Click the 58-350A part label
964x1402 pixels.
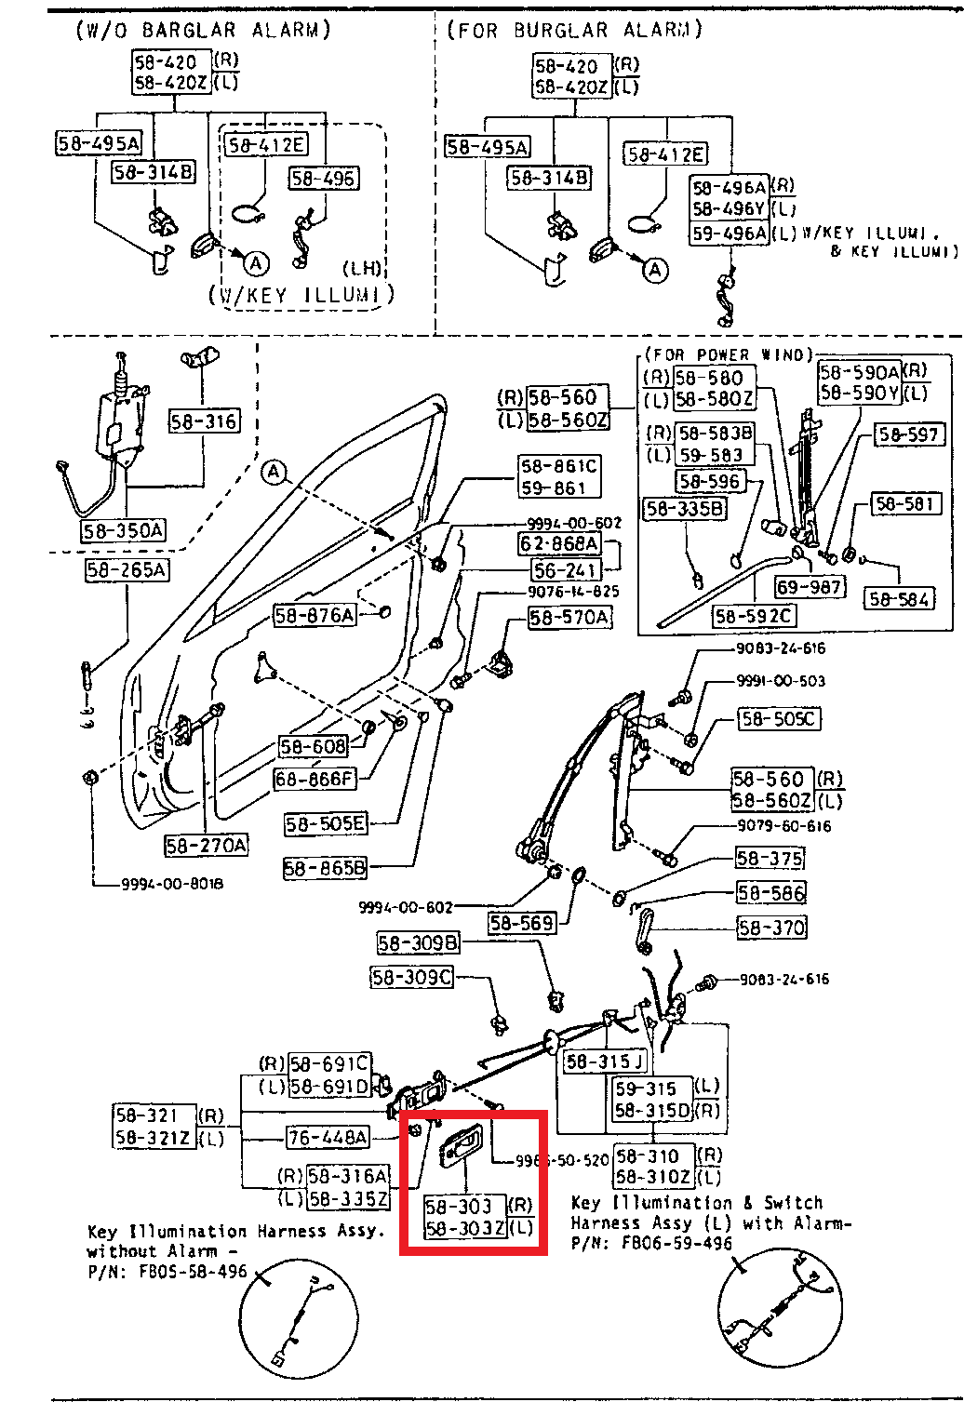[x=123, y=531]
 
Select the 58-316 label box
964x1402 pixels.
[x=204, y=421]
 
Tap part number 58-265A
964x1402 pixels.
[x=127, y=570]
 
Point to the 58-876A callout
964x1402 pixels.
[x=315, y=615]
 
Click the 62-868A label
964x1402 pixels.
[x=559, y=543]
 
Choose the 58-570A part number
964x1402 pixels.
[x=569, y=617]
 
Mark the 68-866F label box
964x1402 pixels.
[x=315, y=779]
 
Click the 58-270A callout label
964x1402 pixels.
[x=207, y=846]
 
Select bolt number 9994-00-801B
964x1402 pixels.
[x=172, y=884]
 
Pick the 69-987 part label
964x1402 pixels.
[x=810, y=587]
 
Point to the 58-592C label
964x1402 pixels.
[x=754, y=616]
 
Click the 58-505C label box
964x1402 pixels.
[x=779, y=719]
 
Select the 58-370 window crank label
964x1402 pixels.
[x=771, y=928]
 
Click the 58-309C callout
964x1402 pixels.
[x=411, y=978]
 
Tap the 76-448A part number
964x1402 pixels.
[x=328, y=1137]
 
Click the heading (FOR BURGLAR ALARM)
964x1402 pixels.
[x=575, y=30]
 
